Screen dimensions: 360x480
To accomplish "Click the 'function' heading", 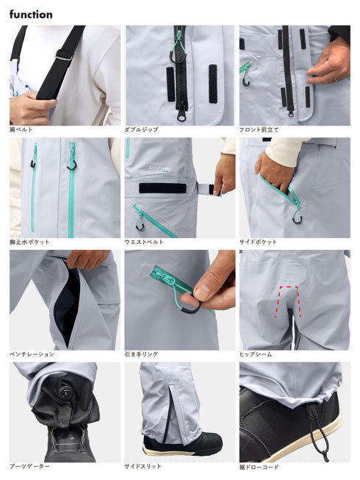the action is pos(31,15).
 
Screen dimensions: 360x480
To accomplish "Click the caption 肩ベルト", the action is pos(21,129).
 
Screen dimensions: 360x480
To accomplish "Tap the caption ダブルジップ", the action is pos(141,129).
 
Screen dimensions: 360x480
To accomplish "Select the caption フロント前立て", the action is pos(259,129).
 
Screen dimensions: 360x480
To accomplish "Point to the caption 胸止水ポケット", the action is pos(29,242).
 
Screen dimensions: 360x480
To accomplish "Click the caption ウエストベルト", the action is pos(144,242).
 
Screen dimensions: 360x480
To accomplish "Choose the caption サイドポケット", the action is pos(258,242).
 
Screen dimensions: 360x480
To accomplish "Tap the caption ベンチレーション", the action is pos(32,354).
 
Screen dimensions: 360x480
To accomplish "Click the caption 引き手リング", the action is pos(141,354).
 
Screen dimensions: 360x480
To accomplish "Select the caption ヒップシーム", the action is pos(256,354).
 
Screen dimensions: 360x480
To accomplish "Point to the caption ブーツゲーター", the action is pos(29,466).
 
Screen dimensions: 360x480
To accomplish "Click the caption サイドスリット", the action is pos(143,466).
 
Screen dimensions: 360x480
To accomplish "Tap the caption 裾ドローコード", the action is pos(259,468).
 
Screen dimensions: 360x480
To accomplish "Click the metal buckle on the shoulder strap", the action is pos(65,55).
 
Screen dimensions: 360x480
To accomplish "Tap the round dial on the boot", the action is pos(65,392).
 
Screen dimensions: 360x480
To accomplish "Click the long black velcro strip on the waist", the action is pos(162,188).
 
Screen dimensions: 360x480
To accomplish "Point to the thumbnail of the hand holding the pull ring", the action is pos(180,300).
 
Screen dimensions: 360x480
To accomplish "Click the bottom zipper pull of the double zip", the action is pos(181,115).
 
